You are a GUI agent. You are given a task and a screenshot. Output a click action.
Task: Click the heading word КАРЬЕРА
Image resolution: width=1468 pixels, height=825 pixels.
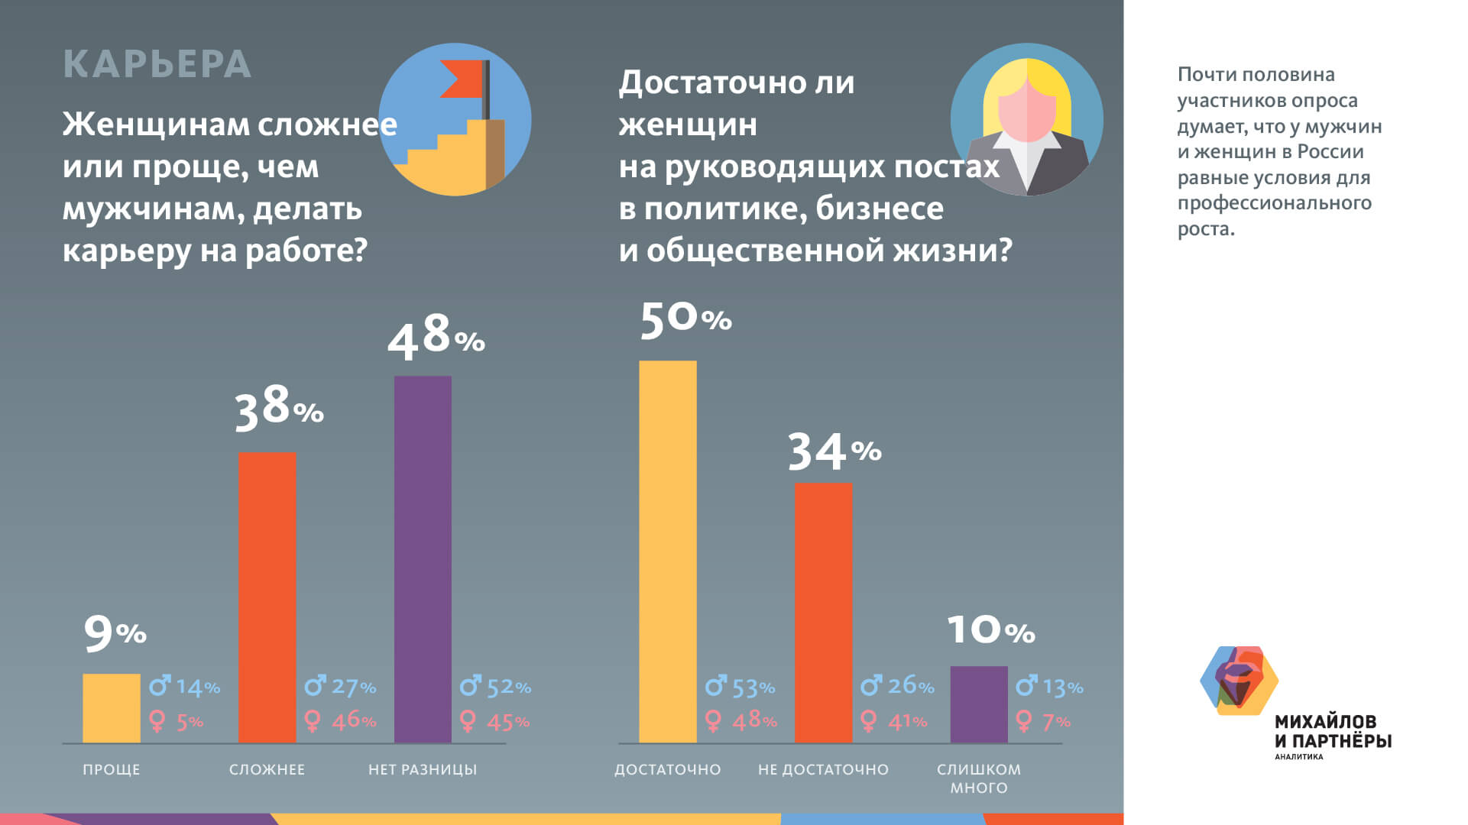coord(157,64)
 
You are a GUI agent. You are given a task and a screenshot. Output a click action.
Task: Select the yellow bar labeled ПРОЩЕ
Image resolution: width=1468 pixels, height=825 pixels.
coord(112,708)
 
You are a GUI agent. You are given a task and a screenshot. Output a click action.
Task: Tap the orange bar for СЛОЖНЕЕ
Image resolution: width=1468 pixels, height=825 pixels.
coord(267,597)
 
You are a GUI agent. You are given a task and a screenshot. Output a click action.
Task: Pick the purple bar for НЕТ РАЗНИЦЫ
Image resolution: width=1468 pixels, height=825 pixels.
coord(423,558)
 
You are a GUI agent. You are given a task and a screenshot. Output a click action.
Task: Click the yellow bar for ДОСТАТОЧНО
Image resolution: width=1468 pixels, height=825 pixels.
coord(667,551)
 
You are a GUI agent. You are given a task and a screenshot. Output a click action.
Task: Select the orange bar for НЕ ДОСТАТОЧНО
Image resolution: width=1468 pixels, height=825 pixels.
coord(823,612)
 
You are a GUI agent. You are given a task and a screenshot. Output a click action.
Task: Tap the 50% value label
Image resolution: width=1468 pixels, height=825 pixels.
coord(685,319)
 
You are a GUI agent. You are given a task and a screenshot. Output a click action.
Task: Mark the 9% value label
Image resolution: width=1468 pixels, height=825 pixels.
coord(115,633)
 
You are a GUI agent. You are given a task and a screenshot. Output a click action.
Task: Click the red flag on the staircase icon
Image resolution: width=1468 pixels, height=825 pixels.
coord(462,79)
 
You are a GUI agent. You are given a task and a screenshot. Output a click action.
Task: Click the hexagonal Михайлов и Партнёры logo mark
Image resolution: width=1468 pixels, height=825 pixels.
coord(1239,681)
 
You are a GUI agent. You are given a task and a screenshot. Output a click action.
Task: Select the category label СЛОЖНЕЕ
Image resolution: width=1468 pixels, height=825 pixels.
coord(267,769)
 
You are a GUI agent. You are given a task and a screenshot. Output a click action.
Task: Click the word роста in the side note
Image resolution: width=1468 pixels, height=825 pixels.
coord(1205,229)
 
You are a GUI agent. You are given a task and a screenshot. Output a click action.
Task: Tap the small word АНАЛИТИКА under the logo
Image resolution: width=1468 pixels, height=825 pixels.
coord(1298,757)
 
